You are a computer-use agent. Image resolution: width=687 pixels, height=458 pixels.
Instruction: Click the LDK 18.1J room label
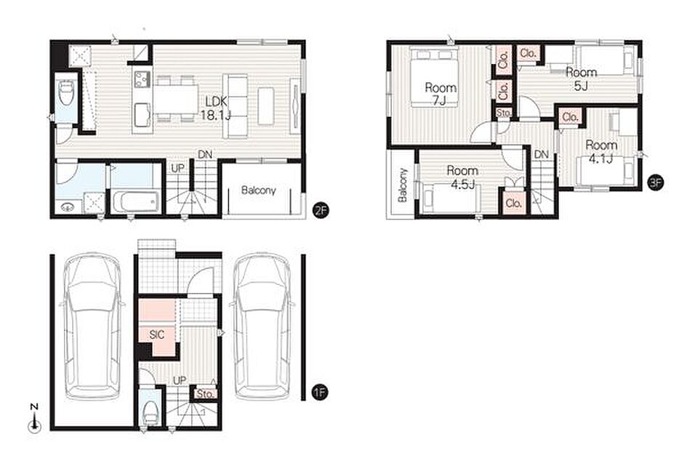click(x=216, y=108)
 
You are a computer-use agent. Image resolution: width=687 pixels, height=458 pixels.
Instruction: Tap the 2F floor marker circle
click(x=321, y=210)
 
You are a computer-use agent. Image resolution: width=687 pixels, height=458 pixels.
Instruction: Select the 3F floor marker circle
click(x=656, y=182)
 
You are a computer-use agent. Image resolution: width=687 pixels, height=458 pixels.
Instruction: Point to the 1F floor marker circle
click(x=321, y=392)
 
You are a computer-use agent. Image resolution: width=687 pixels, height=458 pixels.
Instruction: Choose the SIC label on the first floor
click(x=157, y=335)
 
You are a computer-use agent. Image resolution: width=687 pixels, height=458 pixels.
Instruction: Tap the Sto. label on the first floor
click(x=205, y=393)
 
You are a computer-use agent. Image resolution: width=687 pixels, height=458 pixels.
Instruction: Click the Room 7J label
click(x=441, y=94)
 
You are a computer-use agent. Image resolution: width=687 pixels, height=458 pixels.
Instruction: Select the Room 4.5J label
click(x=462, y=177)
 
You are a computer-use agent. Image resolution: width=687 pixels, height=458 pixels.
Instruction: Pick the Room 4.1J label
click(x=601, y=151)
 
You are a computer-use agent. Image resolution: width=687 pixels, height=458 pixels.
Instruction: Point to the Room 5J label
click(x=581, y=79)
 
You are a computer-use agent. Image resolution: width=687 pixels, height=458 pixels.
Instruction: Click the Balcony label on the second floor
click(x=259, y=190)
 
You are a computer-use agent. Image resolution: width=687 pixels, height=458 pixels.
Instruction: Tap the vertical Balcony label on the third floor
click(x=403, y=185)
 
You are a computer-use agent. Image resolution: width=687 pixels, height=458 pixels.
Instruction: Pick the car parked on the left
click(x=93, y=326)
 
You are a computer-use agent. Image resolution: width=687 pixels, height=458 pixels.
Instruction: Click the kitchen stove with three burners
click(x=142, y=79)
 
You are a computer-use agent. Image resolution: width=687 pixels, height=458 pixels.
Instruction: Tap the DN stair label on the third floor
click(x=541, y=154)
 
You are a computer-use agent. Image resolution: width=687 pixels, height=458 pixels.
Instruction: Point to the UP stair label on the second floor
click(x=177, y=169)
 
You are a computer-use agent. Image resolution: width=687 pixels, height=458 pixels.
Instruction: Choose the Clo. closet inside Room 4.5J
click(x=513, y=204)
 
